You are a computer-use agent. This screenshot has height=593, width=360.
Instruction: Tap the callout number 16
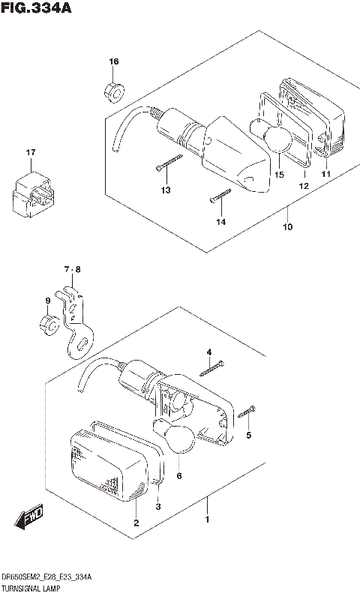tap(113, 61)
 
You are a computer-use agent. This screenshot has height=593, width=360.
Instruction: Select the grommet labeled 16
tap(113, 91)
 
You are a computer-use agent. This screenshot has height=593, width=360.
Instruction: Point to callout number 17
tap(31, 153)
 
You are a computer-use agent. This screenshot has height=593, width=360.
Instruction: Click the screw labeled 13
tap(170, 162)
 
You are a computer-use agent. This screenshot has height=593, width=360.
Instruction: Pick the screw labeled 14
tap(220, 196)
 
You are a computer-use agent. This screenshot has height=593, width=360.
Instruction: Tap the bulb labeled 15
tap(274, 140)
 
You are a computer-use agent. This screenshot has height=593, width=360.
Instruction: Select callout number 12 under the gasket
tap(304, 186)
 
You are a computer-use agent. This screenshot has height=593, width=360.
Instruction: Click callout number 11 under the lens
tap(325, 175)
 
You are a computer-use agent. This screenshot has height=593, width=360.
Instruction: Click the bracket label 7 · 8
tap(71, 269)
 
